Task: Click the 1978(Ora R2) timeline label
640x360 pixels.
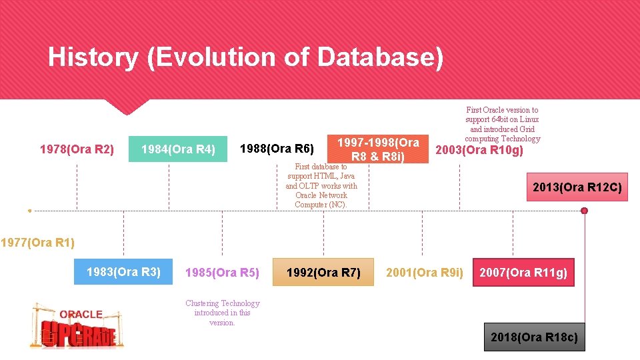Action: pos(77,149)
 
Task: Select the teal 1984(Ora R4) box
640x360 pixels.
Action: pos(178,149)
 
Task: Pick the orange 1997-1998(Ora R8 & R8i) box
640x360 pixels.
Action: pos(378,149)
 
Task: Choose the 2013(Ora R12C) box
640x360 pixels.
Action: pos(577,188)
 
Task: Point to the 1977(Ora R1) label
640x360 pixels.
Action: pos(37,243)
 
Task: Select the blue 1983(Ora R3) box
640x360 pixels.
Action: pos(123,272)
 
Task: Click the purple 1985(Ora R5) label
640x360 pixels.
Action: pos(222,273)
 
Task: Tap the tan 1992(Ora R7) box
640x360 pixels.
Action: pos(323,273)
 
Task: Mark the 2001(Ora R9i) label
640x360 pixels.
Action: pos(424,273)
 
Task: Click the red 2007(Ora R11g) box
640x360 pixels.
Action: pos(523,273)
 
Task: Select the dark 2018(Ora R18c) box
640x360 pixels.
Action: pos(534,337)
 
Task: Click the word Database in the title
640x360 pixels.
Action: pos(380,57)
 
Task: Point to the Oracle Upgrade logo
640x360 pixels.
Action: pos(77,325)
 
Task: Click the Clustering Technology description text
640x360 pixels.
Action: pos(222,313)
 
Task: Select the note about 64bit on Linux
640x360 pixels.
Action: pos(502,124)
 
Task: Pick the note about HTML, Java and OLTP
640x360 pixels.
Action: pos(321,186)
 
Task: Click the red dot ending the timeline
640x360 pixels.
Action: pos(585,211)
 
